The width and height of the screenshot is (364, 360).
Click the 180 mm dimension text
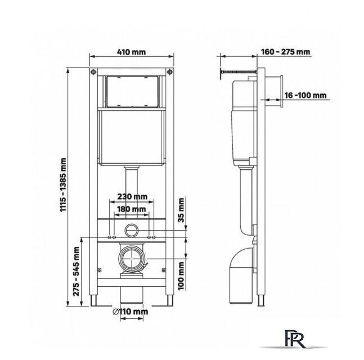click(131, 209)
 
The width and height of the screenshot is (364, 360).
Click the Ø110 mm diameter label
click(132, 311)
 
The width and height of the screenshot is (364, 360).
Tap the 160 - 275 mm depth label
click(286, 52)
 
